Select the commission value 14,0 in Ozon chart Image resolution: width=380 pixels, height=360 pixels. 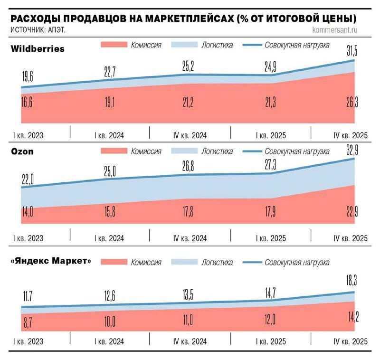(x=28, y=212)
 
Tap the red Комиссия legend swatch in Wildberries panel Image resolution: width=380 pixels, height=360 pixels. (x=114, y=45)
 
